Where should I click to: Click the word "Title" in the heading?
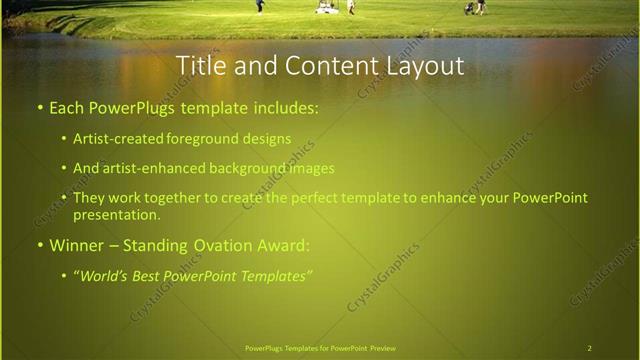tap(201, 65)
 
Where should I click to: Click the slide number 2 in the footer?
tap(589, 348)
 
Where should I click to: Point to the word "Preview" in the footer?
tap(389, 348)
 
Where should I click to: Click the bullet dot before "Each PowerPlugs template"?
tap(39, 107)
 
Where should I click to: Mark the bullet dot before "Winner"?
tap(39, 245)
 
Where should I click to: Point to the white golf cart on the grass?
tap(325, 7)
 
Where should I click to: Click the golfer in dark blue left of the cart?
tap(260, 6)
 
